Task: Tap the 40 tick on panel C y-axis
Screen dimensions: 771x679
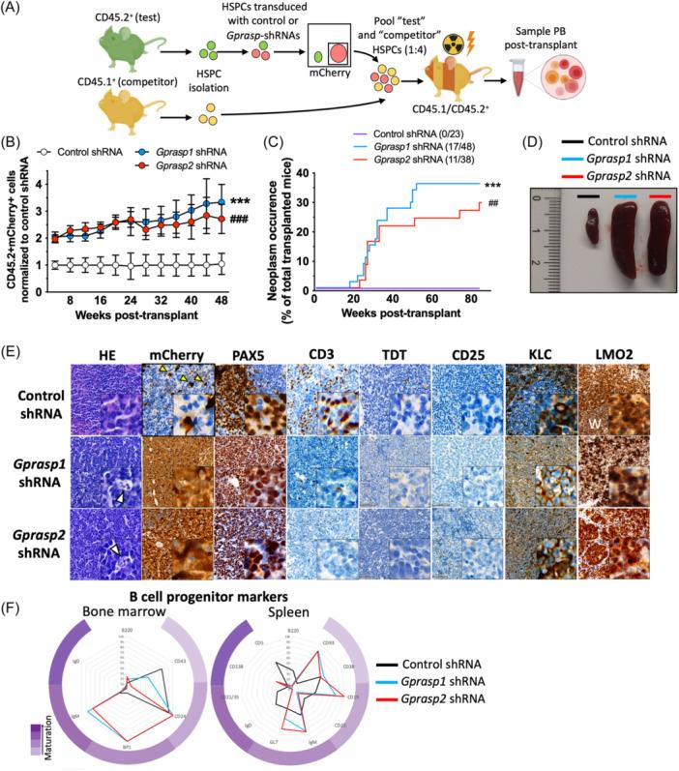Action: pos(306,174)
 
